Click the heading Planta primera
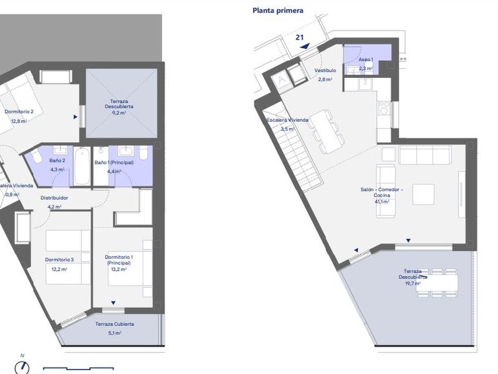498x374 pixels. click(278, 10)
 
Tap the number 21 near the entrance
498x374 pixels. click(300, 38)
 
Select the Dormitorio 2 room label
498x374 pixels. click(19, 112)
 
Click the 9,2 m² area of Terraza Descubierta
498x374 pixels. click(119, 113)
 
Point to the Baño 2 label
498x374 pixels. click(57, 160)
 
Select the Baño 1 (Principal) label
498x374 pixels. click(114, 162)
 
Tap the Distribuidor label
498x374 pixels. click(54, 198)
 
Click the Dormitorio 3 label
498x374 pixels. click(59, 260)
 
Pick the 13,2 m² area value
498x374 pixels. click(119, 269)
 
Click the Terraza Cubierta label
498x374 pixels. click(115, 324)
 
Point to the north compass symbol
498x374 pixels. click(23, 366)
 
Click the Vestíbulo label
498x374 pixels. click(325, 70)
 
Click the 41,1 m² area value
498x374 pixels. click(381, 201)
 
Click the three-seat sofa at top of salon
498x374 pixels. click(425, 155)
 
